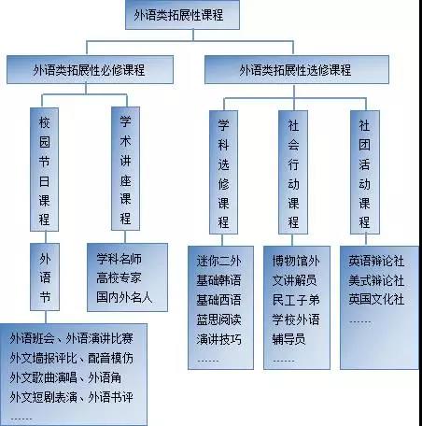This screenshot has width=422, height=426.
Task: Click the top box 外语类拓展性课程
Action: [182, 15]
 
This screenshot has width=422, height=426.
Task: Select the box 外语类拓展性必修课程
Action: [90, 70]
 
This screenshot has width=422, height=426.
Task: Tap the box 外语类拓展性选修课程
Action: [297, 70]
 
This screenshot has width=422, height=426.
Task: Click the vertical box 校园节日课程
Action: [44, 169]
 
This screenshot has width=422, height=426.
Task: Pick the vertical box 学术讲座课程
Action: [125, 169]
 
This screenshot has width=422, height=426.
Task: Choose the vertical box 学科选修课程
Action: [223, 172]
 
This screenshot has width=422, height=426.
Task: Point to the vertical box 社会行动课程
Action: [293, 172]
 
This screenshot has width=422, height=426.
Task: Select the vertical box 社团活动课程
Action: [365, 172]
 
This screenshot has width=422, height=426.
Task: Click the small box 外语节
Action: [45, 277]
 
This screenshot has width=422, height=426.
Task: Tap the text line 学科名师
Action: [119, 259]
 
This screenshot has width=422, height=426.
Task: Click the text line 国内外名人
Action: [124, 297]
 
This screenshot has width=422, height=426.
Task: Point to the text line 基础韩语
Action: [218, 280]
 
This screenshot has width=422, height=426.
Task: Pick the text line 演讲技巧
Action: [218, 339]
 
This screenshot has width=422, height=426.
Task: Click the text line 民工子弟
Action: [296, 300]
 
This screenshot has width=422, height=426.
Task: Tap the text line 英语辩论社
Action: [376, 261]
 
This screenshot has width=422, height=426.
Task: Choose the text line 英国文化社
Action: [376, 299]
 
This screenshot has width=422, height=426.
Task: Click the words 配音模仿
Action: [110, 358]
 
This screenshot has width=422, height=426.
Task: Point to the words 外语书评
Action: [110, 397]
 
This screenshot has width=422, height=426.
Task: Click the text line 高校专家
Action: [119, 277]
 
